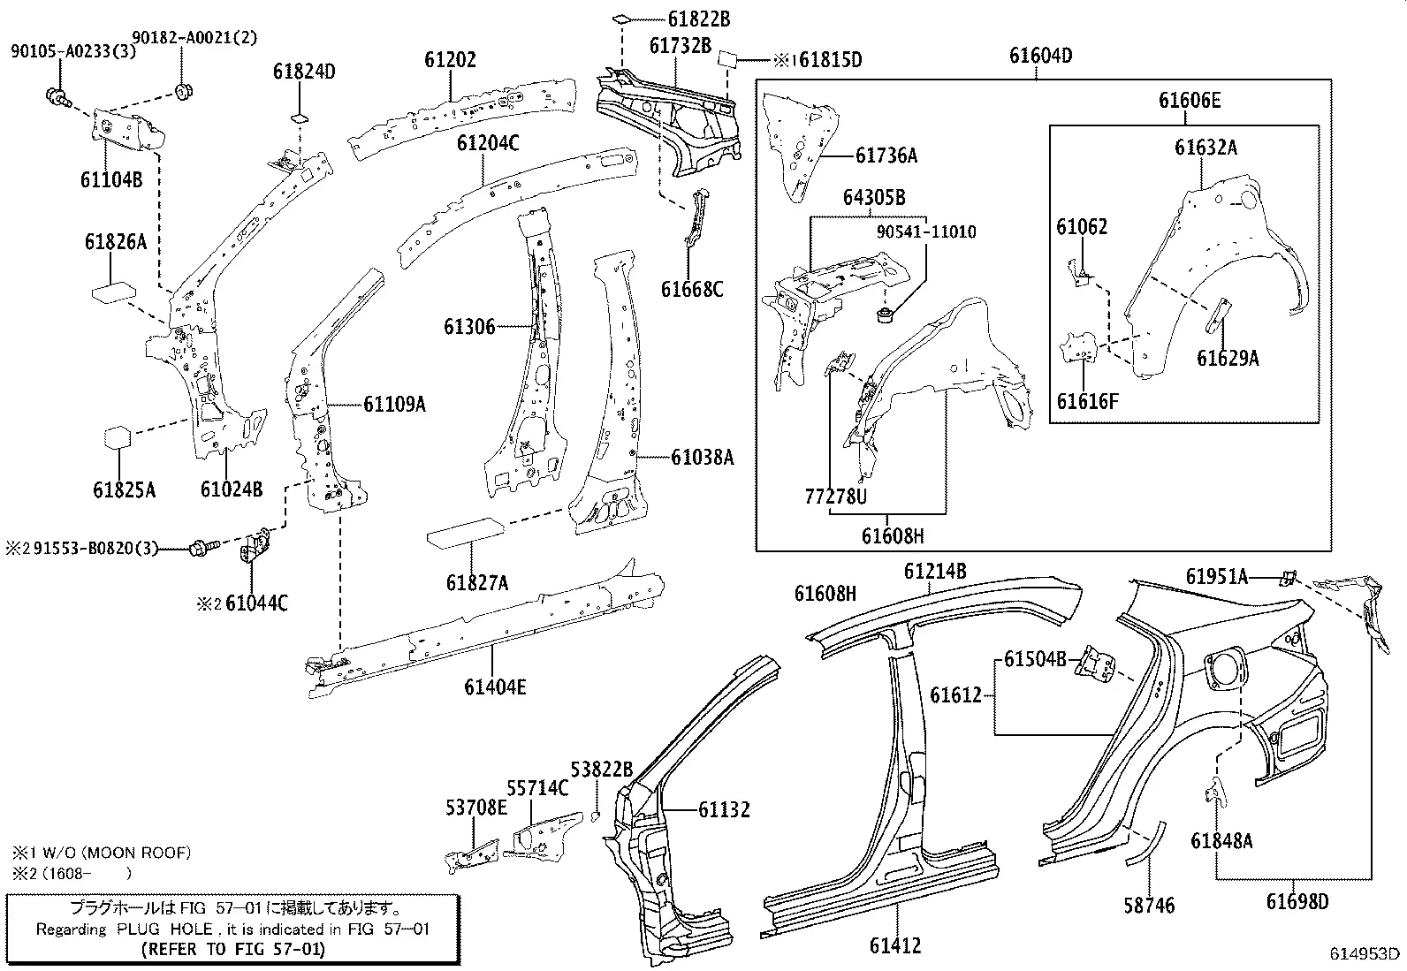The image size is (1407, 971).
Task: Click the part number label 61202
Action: click(x=451, y=60)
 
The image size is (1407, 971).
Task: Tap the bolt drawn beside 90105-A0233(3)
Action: click(x=58, y=97)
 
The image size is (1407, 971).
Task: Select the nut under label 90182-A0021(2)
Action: click(x=184, y=91)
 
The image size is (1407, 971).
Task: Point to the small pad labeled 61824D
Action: click(x=300, y=118)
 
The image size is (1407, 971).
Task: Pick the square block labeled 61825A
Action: click(x=118, y=437)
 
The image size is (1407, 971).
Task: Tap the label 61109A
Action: click(x=394, y=405)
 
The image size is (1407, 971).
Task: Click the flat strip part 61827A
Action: click(x=466, y=534)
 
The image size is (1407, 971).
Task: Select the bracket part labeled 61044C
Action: click(x=255, y=544)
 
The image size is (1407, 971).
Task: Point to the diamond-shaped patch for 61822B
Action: click(x=620, y=19)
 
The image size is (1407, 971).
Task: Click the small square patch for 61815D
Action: click(x=726, y=58)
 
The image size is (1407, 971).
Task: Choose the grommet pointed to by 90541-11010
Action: click(x=886, y=314)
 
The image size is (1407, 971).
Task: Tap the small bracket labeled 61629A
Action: click(x=1218, y=316)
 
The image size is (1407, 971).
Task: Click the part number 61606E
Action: click(x=1190, y=101)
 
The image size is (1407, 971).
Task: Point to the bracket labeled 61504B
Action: click(x=1094, y=664)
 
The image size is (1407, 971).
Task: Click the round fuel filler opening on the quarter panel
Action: click(x=1223, y=670)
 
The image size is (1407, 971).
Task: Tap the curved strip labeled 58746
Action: click(x=1145, y=844)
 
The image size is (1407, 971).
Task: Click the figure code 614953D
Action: click(x=1365, y=952)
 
